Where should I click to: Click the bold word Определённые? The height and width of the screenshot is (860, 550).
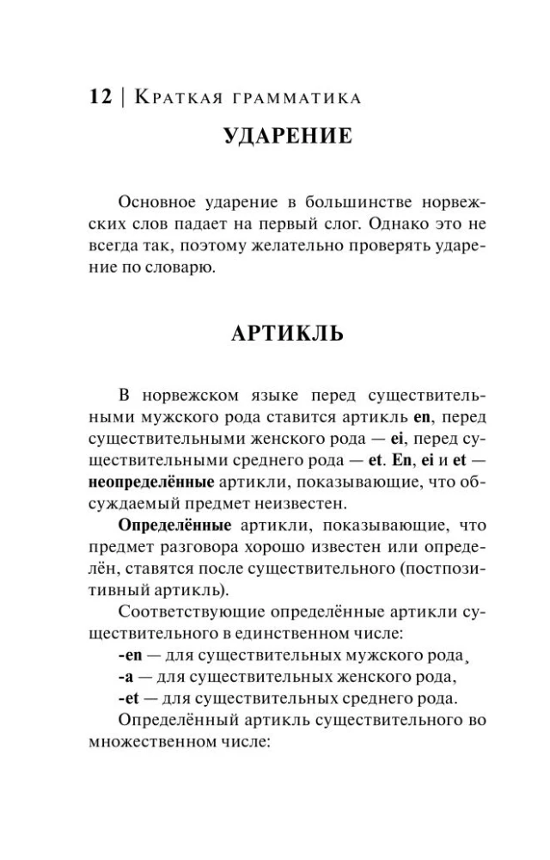point(162,523)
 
